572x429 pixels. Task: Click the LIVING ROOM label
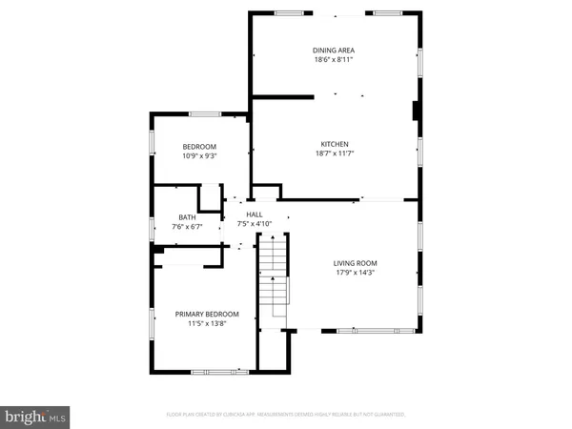tap(356, 263)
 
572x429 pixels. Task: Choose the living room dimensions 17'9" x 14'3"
tap(356, 274)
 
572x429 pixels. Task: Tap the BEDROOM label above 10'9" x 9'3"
tap(199, 146)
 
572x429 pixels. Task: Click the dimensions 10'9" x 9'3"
tap(199, 156)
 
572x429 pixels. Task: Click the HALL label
tap(255, 214)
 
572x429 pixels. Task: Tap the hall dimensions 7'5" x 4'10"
tap(255, 225)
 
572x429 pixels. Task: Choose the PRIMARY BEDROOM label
tap(206, 314)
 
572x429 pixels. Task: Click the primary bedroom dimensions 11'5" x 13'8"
tap(206, 324)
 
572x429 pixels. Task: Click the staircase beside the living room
tap(274, 281)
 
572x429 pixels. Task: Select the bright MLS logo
tap(36, 417)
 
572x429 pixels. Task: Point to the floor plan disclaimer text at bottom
tap(286, 415)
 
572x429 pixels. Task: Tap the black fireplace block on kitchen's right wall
tap(416, 112)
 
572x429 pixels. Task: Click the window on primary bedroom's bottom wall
tap(214, 370)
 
